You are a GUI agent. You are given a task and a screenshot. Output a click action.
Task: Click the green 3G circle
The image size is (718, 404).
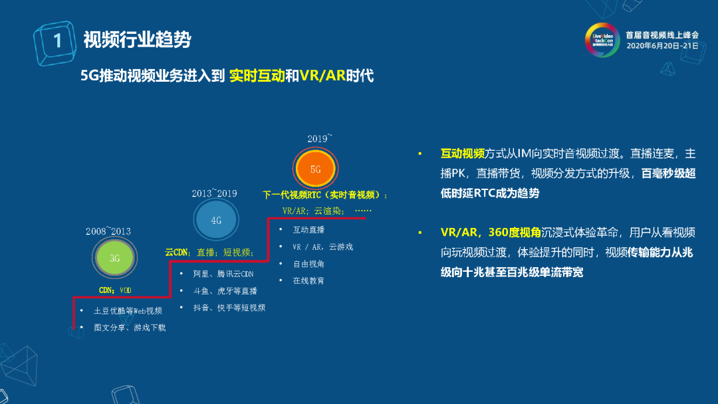[114, 258]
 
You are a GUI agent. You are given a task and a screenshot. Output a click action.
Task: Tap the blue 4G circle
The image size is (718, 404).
[215, 220]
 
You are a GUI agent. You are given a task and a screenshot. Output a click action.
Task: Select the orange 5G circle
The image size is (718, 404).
[316, 168]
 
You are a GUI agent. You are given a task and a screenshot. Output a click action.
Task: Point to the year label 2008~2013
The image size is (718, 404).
[108, 231]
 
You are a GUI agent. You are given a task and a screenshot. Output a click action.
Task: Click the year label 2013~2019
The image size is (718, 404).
[214, 193]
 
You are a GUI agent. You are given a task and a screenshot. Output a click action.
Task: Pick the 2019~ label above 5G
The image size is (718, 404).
[319, 138]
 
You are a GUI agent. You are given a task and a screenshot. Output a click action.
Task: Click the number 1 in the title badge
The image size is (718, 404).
[57, 41]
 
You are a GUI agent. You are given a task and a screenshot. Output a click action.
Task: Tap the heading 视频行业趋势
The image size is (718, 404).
[137, 40]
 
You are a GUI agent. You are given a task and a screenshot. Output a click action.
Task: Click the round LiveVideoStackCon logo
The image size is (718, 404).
[602, 40]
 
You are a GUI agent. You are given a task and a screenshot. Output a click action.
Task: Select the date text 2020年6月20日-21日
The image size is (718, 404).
[663, 46]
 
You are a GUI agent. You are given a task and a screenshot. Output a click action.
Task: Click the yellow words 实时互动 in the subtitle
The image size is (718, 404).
[257, 76]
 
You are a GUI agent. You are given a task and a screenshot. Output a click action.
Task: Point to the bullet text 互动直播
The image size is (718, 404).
[308, 230]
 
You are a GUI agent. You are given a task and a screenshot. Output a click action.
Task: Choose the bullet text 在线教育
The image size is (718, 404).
[308, 280]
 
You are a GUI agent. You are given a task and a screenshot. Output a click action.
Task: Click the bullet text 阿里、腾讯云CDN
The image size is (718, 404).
[223, 274]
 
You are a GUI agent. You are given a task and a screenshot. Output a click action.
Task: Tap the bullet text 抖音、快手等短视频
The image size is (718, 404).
[229, 308]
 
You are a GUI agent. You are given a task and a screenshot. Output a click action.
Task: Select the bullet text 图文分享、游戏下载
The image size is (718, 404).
[130, 328]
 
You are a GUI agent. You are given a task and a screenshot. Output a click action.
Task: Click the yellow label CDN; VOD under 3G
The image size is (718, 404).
[115, 290]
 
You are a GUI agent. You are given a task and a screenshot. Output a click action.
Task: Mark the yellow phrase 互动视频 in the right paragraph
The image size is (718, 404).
[463, 153]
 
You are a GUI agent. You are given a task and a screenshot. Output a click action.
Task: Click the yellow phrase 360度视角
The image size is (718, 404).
[514, 233]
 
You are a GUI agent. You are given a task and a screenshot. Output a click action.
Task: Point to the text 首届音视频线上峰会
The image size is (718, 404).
[662, 35]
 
